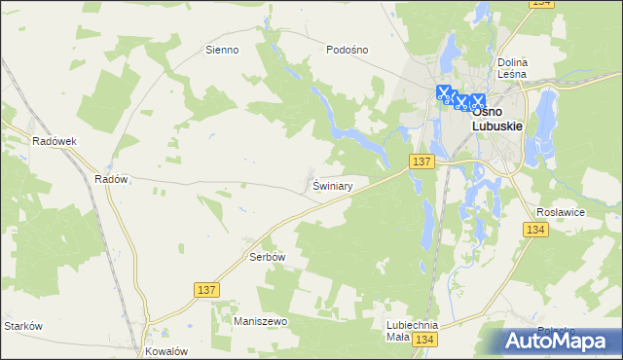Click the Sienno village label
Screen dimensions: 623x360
(x=222, y=50)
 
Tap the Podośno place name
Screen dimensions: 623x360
(x=348, y=50)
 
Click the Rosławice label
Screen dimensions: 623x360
(x=560, y=210)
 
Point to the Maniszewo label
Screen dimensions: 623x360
(x=260, y=320)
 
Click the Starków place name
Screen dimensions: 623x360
(x=23, y=326)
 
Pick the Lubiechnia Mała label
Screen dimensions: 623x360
(x=412, y=332)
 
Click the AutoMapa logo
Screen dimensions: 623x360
(x=562, y=341)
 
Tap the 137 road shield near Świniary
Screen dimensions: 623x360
(x=421, y=162)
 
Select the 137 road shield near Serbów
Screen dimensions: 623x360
(x=206, y=290)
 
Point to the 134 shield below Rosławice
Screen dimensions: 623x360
(x=534, y=230)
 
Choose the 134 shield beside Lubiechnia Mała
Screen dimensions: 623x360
(x=422, y=339)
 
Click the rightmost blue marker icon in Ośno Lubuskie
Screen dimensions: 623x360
(x=478, y=99)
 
